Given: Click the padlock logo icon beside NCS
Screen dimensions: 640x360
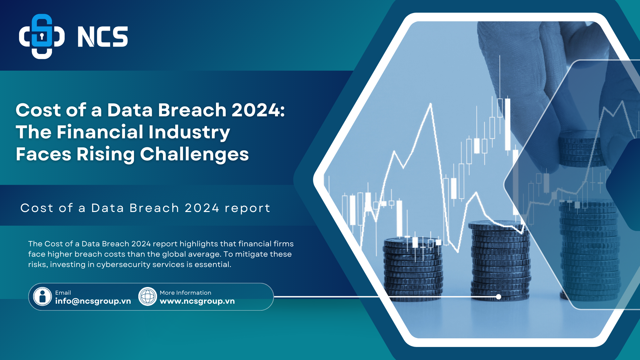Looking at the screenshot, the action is click(42, 36).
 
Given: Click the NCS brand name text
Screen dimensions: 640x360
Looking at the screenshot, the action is click(103, 37).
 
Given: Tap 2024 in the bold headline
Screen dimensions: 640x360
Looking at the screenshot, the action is click(258, 110).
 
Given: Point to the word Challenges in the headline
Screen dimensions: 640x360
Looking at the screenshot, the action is click(194, 154).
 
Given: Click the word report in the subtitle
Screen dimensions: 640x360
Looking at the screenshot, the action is click(247, 208).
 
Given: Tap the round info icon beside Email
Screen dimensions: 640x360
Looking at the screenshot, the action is click(43, 297).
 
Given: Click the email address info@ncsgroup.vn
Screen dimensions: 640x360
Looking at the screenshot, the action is click(93, 301).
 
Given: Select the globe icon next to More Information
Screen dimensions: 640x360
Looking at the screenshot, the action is click(148, 297).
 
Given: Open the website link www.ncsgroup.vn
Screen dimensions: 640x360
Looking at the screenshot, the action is click(197, 301).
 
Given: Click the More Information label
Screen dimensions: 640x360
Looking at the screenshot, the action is click(185, 293).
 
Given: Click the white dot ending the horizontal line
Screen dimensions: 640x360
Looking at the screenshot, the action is click(499, 297).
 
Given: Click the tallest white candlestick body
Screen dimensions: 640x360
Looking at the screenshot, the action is click(508, 124).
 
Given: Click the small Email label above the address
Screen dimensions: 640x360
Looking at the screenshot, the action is click(63, 293).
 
